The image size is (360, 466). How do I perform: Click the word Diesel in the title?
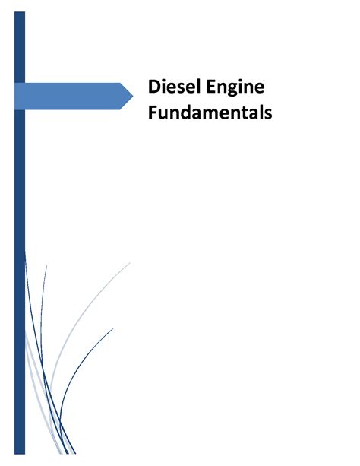[172, 87]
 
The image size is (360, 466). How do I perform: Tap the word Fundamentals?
[210, 113]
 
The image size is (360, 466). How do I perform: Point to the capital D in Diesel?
[154, 87]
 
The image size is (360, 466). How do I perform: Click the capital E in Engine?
[210, 87]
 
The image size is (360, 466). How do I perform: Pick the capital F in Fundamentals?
[153, 113]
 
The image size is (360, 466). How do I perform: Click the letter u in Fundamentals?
[163, 115]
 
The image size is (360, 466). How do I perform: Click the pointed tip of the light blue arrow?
[133, 96]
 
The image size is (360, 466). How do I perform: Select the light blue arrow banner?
[74, 96]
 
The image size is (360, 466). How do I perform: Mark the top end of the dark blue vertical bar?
[20, 12]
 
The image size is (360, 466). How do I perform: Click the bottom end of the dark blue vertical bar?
[20, 454]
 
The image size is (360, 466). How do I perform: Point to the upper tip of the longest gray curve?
[130, 263]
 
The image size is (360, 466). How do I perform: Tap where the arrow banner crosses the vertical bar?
[20, 96]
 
